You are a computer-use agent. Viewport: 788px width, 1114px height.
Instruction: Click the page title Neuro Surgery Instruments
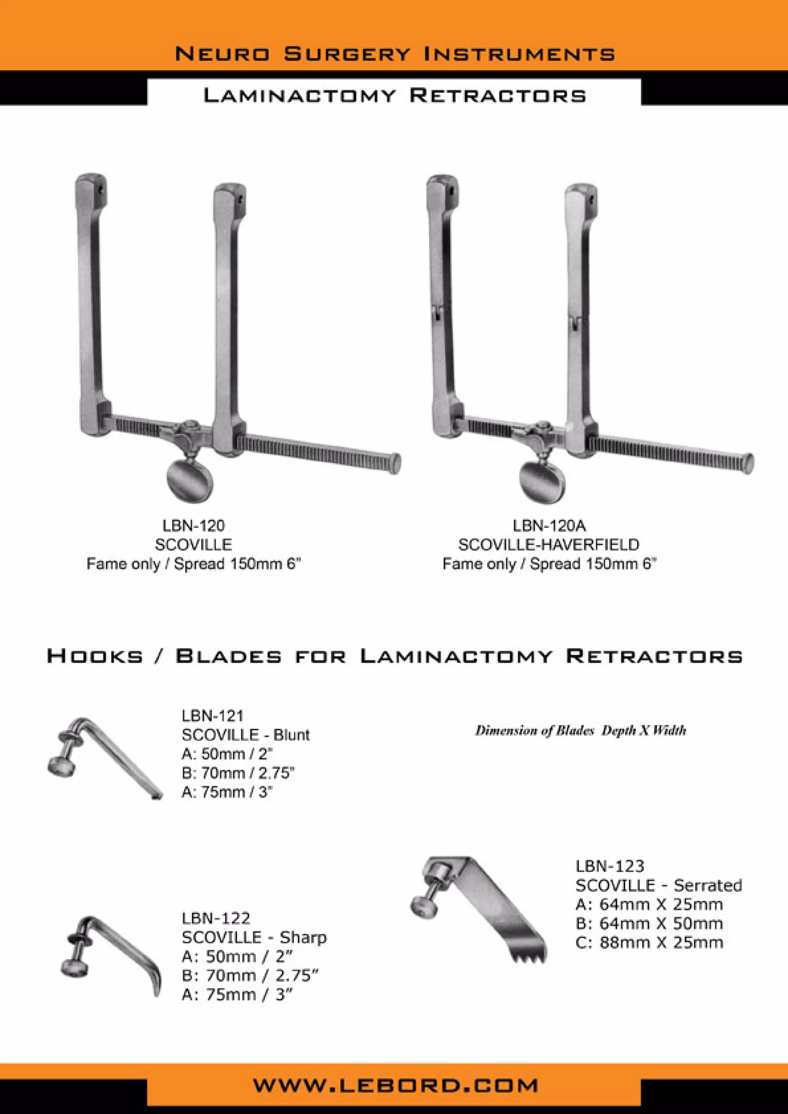(x=394, y=53)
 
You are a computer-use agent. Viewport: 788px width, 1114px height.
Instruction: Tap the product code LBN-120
(x=193, y=525)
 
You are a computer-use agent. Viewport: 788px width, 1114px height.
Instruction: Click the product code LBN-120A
(x=549, y=525)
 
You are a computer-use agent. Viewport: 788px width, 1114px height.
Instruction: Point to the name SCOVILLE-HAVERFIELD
(x=549, y=544)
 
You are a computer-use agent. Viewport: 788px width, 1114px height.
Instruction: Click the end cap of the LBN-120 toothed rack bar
(x=396, y=463)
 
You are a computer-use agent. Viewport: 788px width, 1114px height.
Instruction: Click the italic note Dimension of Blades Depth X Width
(x=580, y=730)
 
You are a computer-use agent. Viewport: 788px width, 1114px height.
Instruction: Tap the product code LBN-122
(x=216, y=918)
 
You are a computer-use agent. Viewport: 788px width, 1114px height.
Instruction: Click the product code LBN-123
(x=609, y=866)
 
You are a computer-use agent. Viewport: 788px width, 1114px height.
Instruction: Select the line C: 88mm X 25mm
(x=649, y=942)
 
